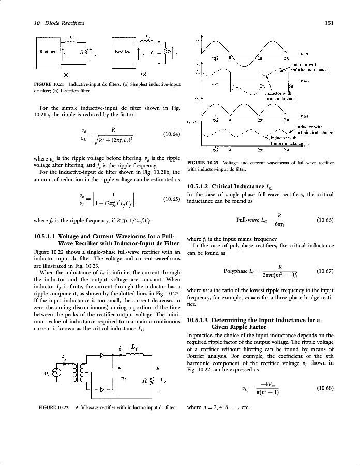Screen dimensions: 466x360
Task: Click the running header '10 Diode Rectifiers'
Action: tap(49, 22)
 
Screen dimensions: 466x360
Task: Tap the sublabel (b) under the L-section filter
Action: tap(142, 74)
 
